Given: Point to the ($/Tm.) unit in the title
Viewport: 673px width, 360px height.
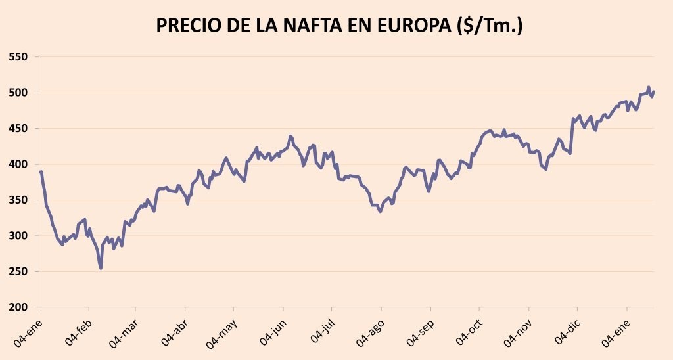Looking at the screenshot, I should [490, 26].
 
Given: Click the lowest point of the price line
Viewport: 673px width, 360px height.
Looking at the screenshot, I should [101, 268].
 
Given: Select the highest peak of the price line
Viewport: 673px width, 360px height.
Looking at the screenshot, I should [648, 87].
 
